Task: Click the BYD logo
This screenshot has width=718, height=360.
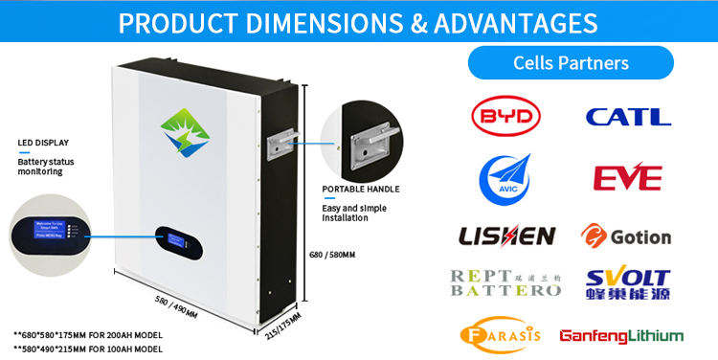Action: click(507, 117)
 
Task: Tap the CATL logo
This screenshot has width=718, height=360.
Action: click(628, 117)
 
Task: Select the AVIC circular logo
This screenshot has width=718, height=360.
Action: click(506, 177)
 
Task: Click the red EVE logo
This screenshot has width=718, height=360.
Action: click(627, 178)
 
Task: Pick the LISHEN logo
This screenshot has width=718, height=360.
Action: click(506, 236)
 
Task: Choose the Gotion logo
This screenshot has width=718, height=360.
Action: click(626, 236)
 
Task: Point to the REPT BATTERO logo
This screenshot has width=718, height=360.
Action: click(505, 282)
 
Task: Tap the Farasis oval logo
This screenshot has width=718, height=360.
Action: click(501, 335)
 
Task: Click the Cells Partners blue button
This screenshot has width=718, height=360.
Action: click(571, 63)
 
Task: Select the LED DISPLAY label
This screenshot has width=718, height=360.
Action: click(43, 143)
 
